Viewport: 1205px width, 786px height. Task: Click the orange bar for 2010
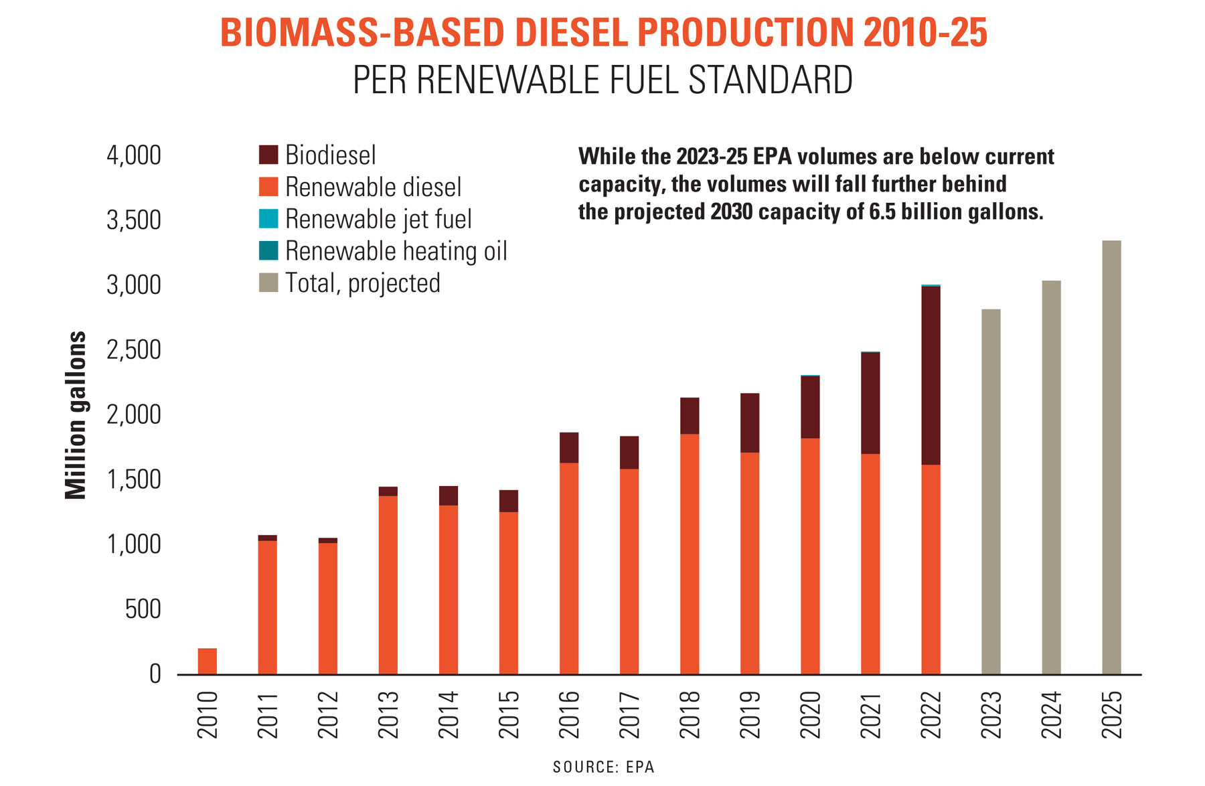click(207, 661)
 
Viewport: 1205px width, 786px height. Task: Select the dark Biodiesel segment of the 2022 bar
click(931, 375)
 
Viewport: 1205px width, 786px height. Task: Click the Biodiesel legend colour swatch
click(268, 155)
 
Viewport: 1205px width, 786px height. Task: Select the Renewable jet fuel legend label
click(378, 219)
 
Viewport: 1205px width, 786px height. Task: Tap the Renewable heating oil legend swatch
click(268, 251)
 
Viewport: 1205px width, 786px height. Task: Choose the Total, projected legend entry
click(362, 283)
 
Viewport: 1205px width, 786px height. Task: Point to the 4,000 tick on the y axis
click(134, 155)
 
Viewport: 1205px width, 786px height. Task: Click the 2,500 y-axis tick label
click(134, 349)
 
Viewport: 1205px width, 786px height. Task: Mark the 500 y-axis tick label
click(143, 609)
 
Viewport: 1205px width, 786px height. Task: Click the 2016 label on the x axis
click(569, 714)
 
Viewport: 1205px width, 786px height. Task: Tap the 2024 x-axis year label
click(1051, 714)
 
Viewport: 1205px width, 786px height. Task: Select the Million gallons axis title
click(76, 415)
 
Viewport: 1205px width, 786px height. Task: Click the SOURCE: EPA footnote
click(603, 767)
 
